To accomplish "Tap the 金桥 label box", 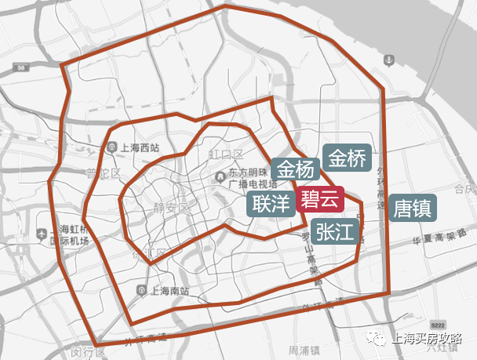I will [347, 159].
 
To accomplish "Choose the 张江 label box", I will [336, 231].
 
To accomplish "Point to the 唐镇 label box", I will [413, 209].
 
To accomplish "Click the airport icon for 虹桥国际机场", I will [41, 234].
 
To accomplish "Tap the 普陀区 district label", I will [103, 173].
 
